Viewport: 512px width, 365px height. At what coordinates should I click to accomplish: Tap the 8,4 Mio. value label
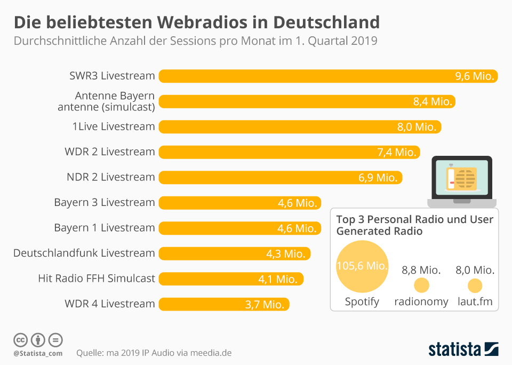coord(433,101)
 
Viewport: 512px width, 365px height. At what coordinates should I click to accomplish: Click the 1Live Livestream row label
coord(114,126)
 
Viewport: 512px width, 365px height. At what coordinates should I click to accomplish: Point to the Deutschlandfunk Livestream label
coord(84,253)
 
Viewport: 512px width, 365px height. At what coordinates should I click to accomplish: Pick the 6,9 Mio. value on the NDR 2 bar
coord(378,178)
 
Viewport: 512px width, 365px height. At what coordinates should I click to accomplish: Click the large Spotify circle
coord(362,266)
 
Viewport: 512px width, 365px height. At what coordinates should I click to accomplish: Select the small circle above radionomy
coord(421,285)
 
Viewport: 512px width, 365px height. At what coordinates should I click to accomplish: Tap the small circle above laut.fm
coord(475,285)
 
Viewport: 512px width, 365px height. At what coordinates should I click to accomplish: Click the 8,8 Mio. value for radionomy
coord(421,270)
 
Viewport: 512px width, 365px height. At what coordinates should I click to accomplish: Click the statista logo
coord(463,350)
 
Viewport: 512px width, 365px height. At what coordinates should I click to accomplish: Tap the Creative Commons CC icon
coord(21,339)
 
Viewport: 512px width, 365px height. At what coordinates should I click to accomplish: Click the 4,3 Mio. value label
coord(286,253)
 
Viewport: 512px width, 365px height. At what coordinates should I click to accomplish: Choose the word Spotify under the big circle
coord(362,301)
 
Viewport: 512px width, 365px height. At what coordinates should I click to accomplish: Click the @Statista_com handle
coord(38,353)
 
